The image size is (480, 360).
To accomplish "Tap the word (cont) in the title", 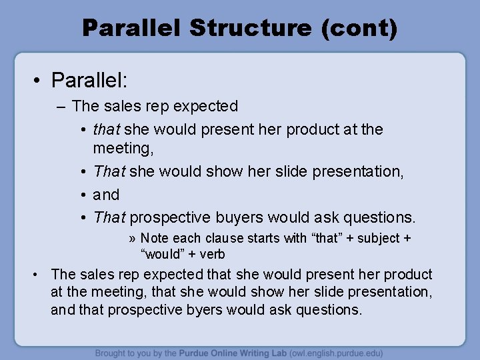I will click(x=361, y=28).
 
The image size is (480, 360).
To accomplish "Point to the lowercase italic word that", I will click(x=105, y=129).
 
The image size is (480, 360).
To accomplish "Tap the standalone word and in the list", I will click(x=106, y=195).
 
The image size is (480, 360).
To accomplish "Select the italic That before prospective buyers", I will click(x=109, y=217).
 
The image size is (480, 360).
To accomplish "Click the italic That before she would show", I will click(x=109, y=172).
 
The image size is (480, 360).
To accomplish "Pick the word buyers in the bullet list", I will click(x=241, y=217).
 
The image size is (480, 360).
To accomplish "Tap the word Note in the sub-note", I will click(x=154, y=238).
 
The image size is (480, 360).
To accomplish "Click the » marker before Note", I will click(x=133, y=238).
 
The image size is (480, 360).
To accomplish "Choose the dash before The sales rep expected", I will click(x=63, y=106).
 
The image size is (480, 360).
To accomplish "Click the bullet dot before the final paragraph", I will click(x=41, y=275).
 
